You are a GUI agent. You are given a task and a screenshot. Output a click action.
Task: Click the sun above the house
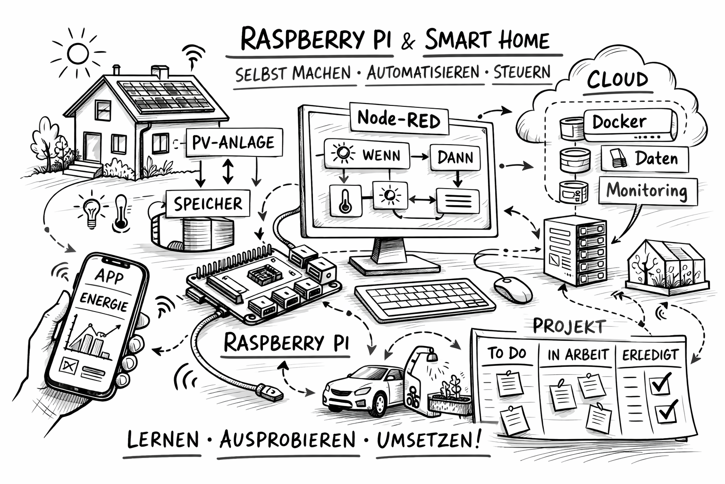click(x=78, y=53)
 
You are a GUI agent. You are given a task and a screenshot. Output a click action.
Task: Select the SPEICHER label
click(x=208, y=204)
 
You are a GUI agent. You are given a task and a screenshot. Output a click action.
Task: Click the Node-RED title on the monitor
click(x=399, y=118)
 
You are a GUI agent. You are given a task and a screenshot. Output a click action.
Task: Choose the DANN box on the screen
click(x=455, y=157)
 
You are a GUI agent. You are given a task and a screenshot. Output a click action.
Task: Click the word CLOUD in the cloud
click(x=617, y=80)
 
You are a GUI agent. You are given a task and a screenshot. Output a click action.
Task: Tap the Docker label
click(x=619, y=122)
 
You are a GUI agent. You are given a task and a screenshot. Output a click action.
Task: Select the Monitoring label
click(x=647, y=190)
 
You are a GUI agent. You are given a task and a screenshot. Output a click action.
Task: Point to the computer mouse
click(x=513, y=288)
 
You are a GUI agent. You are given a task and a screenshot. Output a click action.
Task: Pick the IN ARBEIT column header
click(x=578, y=354)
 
